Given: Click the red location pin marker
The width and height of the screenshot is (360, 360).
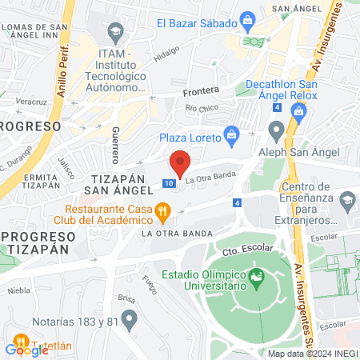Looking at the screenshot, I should pyautogui.click(x=180, y=163).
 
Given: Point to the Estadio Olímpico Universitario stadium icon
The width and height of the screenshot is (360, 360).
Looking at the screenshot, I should pyautogui.click(x=257, y=278).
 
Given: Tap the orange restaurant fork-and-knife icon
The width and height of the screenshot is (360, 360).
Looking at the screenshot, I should pyautogui.click(x=162, y=212).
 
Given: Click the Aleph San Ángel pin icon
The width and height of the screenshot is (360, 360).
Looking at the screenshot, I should pyautogui.click(x=277, y=129).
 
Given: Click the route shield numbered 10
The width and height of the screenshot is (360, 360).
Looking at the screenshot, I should pyautogui.click(x=168, y=183).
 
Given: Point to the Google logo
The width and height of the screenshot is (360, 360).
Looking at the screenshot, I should pyautogui.click(x=26, y=349).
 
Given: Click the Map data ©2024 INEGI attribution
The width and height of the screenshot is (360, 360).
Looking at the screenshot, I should pyautogui.click(x=312, y=354).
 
